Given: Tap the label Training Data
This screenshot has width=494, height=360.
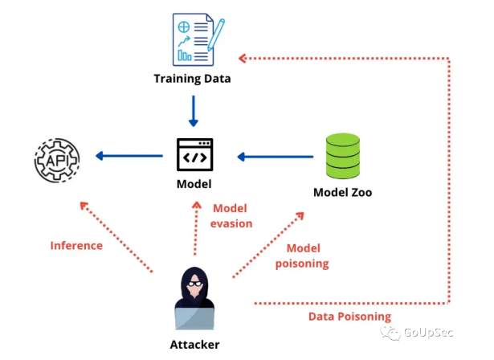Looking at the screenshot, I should pos(193,80).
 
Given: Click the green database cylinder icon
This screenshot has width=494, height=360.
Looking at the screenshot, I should pos(343,156).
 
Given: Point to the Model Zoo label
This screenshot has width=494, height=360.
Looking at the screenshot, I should pos(343,193).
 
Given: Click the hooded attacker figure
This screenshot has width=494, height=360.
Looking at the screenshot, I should pos(194,293).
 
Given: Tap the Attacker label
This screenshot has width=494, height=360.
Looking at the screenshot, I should pos(194,345).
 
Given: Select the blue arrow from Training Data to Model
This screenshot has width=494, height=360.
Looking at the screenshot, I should pos(193,111).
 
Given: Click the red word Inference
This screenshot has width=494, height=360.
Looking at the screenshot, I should pos(76,245).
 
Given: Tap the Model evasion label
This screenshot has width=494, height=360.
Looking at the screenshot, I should pos(232,215).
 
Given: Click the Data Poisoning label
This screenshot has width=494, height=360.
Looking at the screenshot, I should pos(350,317).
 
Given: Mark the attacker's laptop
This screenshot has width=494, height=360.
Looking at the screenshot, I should pos(194,320).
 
